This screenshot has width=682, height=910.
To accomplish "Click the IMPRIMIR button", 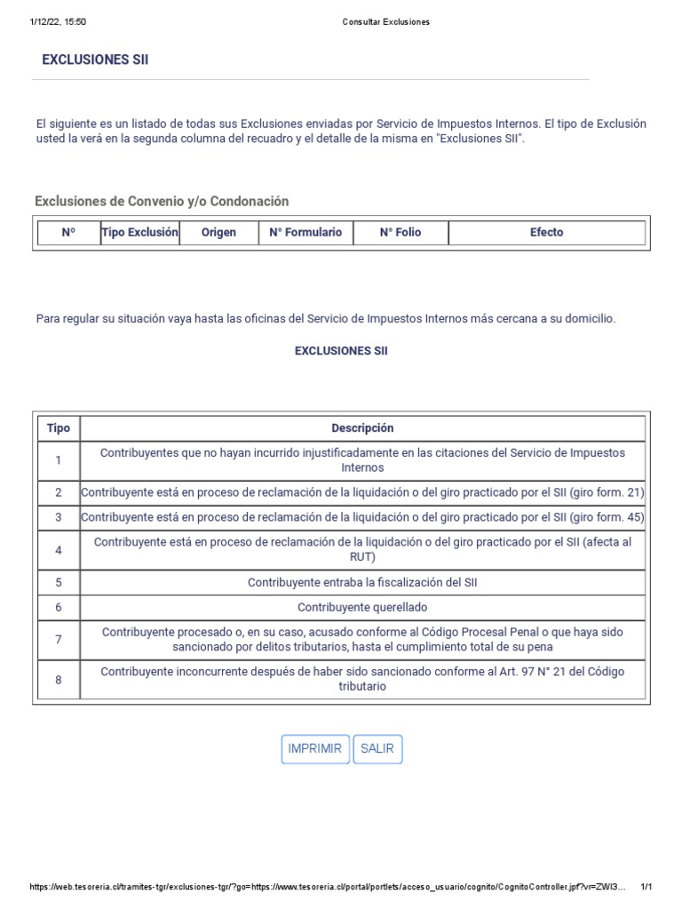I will coord(314,749).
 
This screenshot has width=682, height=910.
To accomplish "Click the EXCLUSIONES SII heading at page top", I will coord(95,60).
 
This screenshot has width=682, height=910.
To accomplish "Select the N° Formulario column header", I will coord(305,233).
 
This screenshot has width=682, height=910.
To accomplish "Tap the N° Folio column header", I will coord(400,233).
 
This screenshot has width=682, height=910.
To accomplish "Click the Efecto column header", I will coord(546,233).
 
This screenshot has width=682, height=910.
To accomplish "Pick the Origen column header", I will coord(218,233).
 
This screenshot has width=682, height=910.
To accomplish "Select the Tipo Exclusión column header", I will coord(140,233).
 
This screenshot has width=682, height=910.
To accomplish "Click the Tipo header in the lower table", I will coord(59,428).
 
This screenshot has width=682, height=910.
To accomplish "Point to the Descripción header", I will coord(362,428).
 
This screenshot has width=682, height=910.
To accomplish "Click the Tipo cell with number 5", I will coord(59,583).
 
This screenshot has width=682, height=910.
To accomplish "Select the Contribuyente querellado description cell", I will coord(362,608).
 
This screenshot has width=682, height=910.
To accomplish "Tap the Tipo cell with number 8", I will coord(59,680).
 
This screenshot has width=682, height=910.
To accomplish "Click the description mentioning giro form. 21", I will coord(362,492).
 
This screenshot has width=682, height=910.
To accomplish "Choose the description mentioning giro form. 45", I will coord(362,517).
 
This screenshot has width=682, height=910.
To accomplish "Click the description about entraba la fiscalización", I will coord(362,583).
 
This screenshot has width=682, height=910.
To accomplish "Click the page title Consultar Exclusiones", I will coord(385,21).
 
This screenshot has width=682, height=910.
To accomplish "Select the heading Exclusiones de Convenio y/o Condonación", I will coord(162,202).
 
